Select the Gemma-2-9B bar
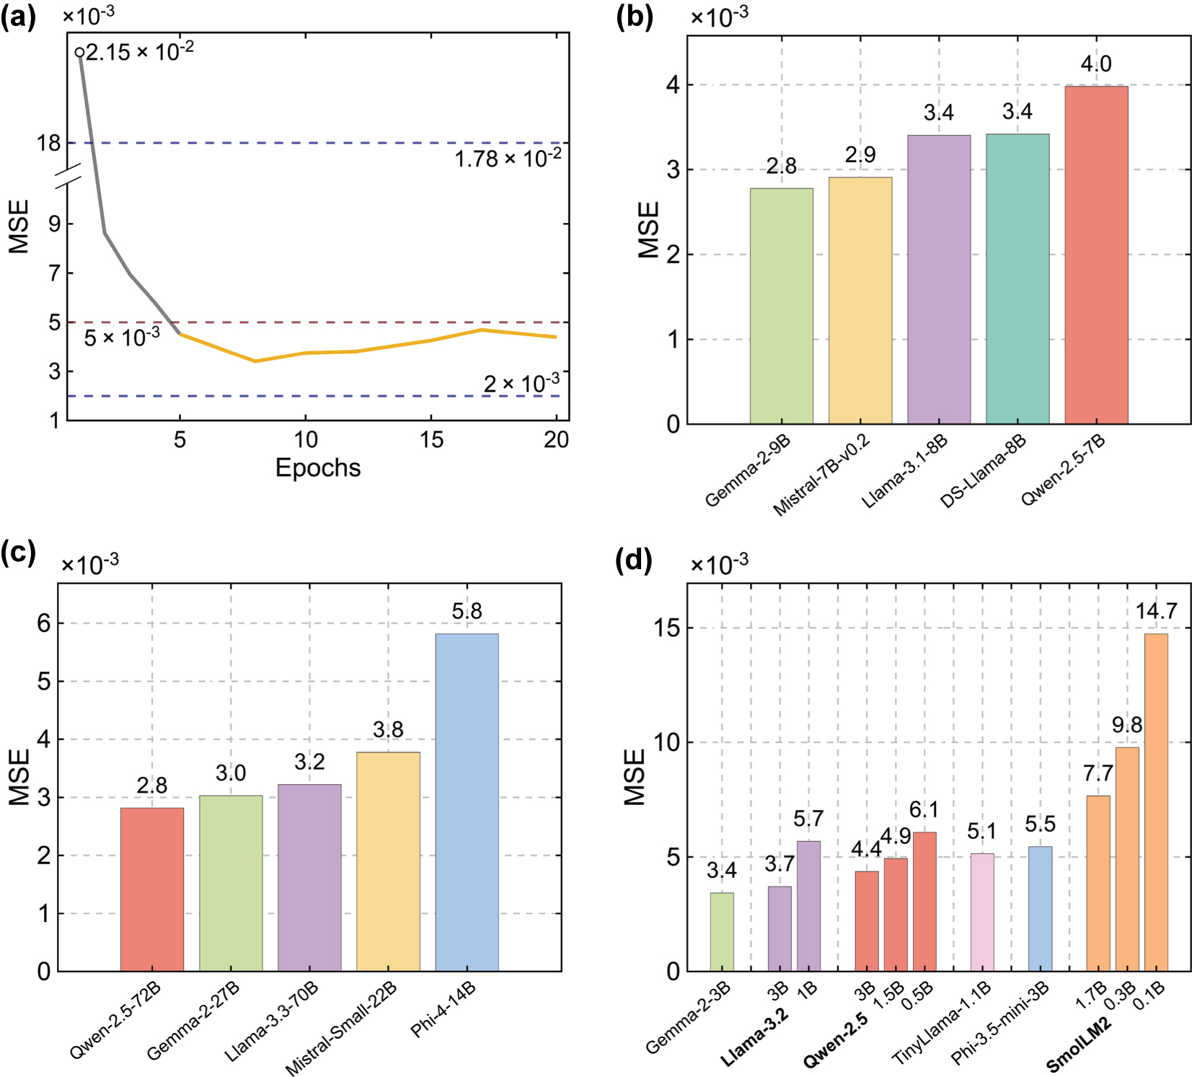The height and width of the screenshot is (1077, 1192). [781, 306]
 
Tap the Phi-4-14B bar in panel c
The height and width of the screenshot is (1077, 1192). [467, 802]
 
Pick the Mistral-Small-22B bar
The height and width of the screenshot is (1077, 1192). [388, 861]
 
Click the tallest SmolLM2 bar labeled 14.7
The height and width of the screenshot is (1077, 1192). [1156, 802]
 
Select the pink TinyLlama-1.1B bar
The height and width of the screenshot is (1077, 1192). [981, 912]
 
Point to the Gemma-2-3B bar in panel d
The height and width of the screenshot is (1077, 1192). [722, 931]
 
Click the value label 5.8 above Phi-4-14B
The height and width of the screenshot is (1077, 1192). [467, 612]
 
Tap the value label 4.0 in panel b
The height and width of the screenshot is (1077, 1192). [1096, 64]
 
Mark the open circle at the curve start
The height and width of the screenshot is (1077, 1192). [79, 52]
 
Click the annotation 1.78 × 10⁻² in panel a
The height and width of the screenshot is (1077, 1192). [508, 158]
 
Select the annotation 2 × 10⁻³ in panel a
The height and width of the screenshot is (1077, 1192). [521, 383]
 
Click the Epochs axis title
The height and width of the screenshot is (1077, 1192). [318, 468]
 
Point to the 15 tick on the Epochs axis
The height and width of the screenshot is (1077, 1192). [431, 439]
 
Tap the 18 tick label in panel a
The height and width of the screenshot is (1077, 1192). [49, 143]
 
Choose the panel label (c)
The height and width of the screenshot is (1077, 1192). [18, 553]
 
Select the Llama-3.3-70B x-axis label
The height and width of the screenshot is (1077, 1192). [271, 1021]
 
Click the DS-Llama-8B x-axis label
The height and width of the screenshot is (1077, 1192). [983, 471]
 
